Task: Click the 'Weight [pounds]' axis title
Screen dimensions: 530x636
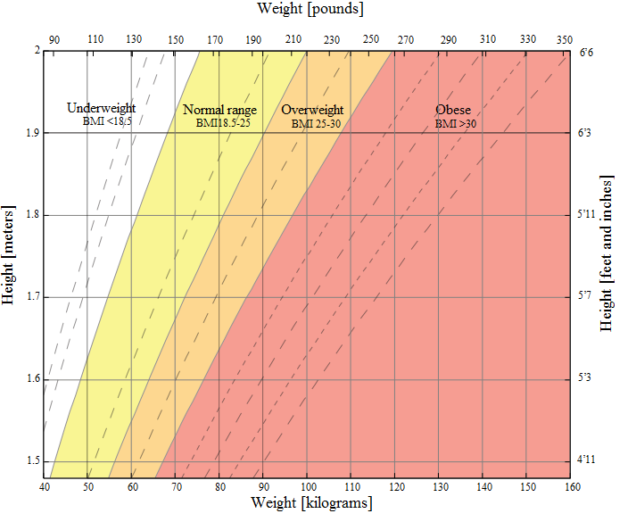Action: click(310, 9)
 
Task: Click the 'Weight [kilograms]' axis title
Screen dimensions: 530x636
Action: click(311, 503)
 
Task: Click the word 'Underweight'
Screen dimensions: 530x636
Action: click(102, 108)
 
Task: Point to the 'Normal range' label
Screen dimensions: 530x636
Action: click(219, 111)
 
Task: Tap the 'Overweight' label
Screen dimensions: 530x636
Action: click(312, 111)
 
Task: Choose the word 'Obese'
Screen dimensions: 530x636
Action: click(453, 110)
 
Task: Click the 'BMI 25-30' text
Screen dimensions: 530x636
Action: click(316, 124)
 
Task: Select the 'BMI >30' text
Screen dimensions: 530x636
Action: click(455, 124)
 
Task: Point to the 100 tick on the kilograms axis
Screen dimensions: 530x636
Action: click(308, 486)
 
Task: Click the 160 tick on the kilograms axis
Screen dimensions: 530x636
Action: click(571, 486)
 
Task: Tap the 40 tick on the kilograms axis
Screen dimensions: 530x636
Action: click(45, 486)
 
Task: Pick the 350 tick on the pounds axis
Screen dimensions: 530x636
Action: click(564, 39)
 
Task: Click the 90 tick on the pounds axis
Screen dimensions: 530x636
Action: click(54, 39)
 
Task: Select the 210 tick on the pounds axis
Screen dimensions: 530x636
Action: click(293, 39)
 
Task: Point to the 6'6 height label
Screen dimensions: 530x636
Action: click(586, 53)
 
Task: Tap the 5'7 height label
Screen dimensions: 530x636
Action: click(586, 296)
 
